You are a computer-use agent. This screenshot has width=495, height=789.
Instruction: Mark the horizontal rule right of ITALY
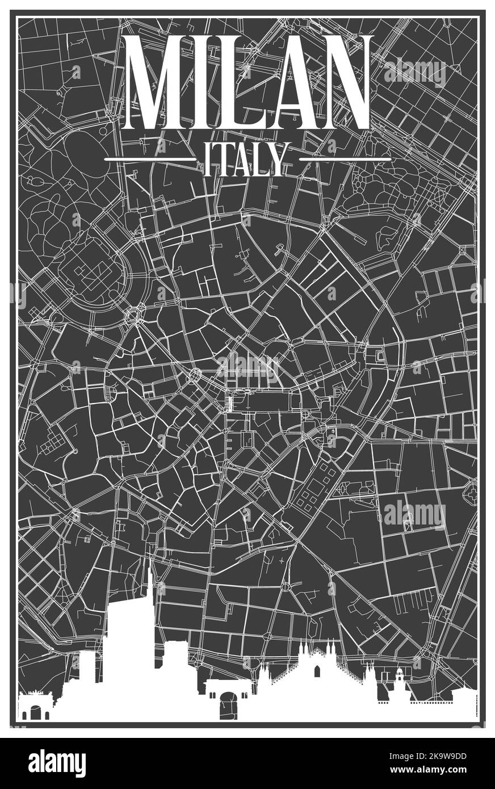345,160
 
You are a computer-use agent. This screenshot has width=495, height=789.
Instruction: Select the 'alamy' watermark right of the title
415,72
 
